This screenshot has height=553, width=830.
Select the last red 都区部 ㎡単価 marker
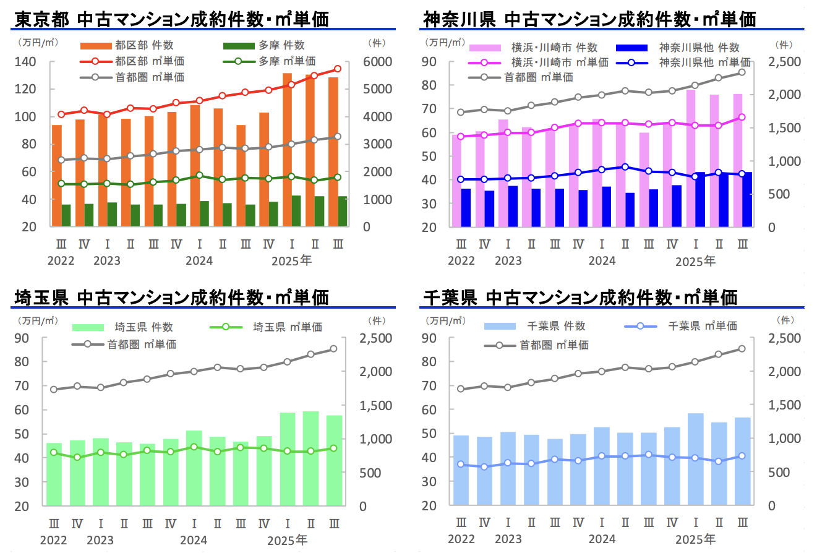338,69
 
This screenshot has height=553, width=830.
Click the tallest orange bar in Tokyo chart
287,148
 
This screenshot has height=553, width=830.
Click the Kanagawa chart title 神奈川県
459,19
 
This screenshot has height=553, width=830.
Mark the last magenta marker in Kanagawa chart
742,117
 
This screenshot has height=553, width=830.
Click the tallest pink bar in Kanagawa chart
691,158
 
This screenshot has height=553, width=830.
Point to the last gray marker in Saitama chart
334,349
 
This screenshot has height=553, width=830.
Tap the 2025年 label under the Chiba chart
695,539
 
